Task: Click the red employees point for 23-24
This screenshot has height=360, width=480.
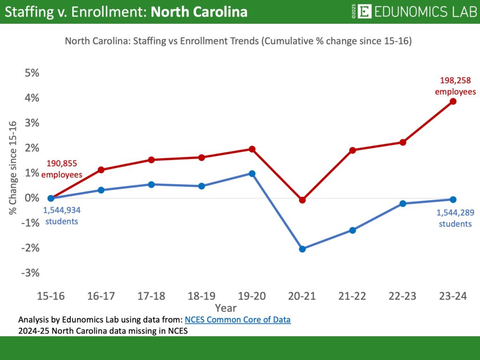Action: tap(453, 101)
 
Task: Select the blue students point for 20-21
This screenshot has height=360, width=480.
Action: tap(302, 249)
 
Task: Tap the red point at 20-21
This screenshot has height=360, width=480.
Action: tap(302, 200)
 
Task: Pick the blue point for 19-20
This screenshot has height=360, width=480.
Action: tap(252, 173)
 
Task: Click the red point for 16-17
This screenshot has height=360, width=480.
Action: tap(101, 170)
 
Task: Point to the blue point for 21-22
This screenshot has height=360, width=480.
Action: tap(352, 230)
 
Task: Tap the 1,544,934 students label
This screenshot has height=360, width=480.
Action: tap(62, 216)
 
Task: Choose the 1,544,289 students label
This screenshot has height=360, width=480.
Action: tap(455, 218)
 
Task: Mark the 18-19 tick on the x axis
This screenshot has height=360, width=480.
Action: tap(202, 296)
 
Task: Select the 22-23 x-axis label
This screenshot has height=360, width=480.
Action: tap(402, 296)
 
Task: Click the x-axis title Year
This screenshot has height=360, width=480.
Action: tap(225, 308)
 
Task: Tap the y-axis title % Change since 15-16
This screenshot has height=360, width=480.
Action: tap(13, 168)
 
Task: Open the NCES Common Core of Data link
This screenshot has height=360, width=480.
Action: tap(238, 320)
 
